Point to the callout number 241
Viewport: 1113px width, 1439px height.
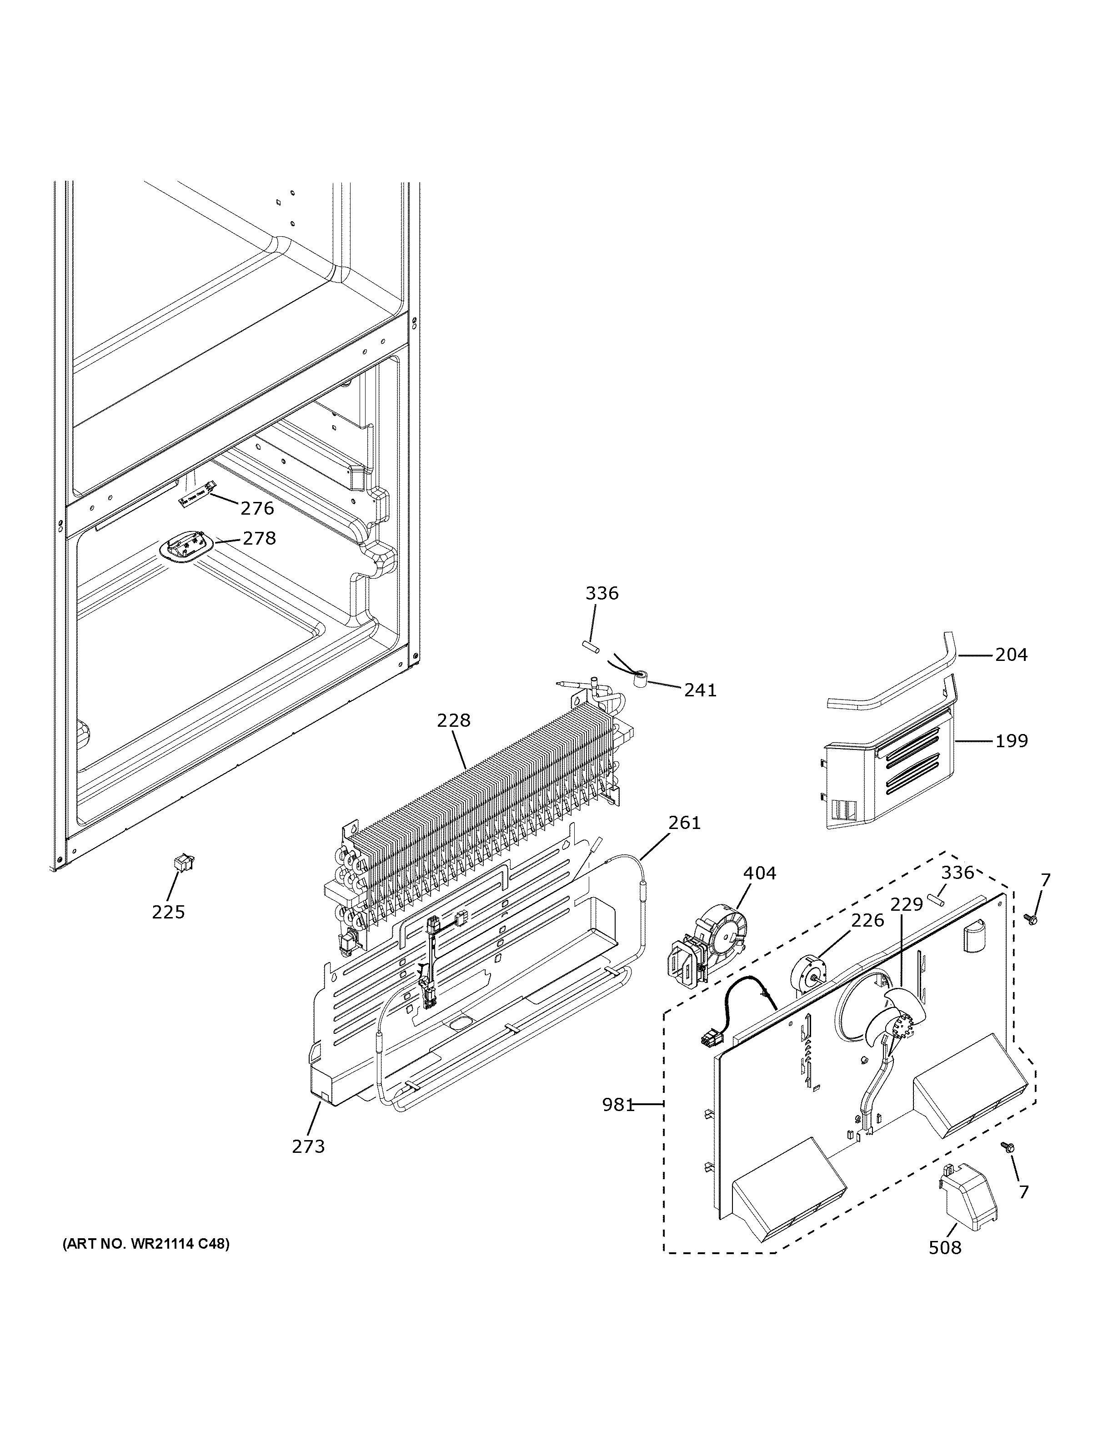coord(700,690)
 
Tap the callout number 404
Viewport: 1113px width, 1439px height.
coord(760,873)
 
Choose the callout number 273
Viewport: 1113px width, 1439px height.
coord(309,1146)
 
